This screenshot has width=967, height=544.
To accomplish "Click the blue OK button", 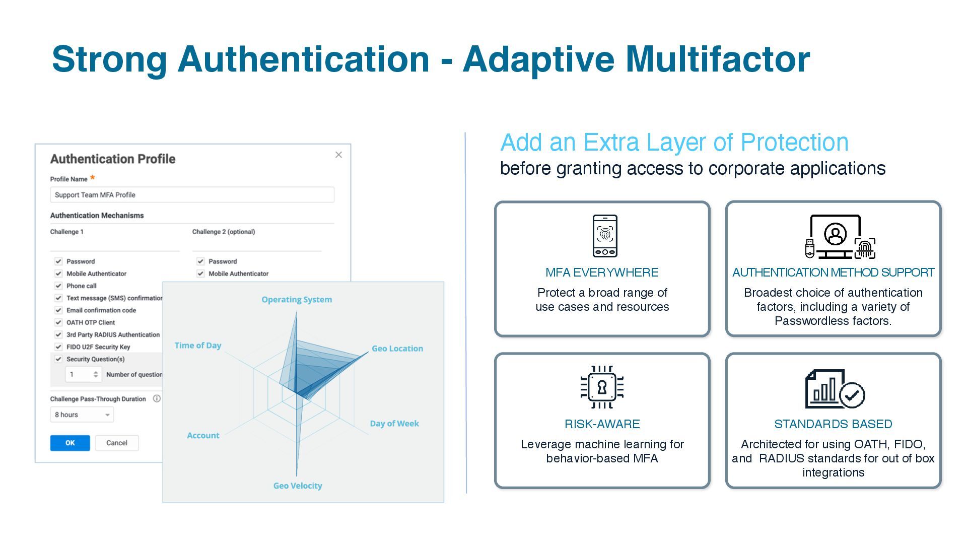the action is pos(70,443).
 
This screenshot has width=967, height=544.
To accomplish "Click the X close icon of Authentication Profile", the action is pos(338,155).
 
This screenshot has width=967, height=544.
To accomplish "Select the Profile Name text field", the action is pos(192,195).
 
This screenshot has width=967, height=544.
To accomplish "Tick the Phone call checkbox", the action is pos(58,286).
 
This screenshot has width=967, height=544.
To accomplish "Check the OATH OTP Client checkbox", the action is pos(58,322).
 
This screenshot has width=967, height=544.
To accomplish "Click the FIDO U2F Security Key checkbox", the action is pos(58,347).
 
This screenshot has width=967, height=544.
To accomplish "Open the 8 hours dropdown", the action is pos(82,415).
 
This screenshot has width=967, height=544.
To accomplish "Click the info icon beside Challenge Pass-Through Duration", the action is pos(157,398).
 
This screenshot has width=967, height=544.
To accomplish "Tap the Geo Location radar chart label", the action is pos(397,349).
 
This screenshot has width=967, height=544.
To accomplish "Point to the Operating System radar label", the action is pos(297,300).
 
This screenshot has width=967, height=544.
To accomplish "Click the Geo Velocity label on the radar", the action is pos(297,486).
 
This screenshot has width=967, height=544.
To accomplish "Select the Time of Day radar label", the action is pos(198,346).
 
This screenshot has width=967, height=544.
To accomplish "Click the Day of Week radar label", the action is pos(394,424).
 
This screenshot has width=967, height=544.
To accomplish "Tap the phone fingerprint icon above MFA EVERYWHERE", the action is pos(604,236).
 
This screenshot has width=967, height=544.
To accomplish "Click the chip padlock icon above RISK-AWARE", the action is pos(602,387).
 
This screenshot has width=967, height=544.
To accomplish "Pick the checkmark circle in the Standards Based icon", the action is pos(852,395).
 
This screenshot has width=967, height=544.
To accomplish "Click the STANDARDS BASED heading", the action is pos(833,424).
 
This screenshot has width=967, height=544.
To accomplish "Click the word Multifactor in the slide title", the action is pos(717,59).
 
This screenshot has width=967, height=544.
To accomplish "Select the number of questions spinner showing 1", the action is pos(83,374).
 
